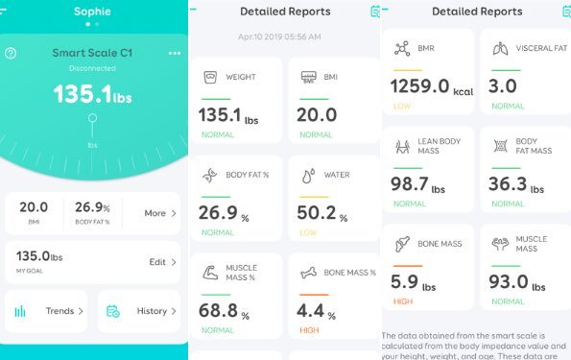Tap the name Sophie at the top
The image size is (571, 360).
pyautogui.click(x=93, y=12)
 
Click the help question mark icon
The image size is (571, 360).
pyautogui.click(x=11, y=53)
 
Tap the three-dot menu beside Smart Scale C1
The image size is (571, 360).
pyautogui.click(x=174, y=53)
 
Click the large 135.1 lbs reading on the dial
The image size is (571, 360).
pyautogui.click(x=92, y=94)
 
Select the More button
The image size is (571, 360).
pyautogui.click(x=159, y=213)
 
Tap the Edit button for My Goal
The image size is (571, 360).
pyautogui.click(x=162, y=261)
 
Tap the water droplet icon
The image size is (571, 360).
pyautogui.click(x=308, y=176)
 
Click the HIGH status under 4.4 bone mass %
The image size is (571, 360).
pyautogui.click(x=308, y=330)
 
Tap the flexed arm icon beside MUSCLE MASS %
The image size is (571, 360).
pyautogui.click(x=210, y=275)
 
